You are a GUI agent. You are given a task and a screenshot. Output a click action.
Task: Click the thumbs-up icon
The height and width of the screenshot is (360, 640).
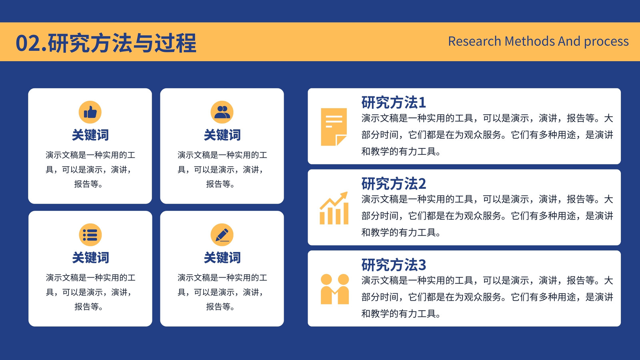tap(90, 112)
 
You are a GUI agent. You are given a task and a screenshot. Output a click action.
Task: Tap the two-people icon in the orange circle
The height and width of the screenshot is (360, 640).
tap(222, 112)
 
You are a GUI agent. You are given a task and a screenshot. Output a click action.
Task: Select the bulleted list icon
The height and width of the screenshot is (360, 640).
tap(90, 235)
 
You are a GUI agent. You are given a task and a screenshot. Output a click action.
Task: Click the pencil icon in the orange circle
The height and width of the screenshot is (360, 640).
tap(222, 235)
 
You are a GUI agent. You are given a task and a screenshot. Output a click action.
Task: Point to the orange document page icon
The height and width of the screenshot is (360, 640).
tap(334, 127)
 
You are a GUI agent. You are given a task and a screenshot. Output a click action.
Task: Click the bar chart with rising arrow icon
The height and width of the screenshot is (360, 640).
tap(334, 208)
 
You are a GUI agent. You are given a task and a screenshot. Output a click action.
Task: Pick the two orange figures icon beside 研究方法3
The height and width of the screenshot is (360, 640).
tap(334, 289)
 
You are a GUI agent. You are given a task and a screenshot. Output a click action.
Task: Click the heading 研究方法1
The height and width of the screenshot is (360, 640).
tap(394, 102)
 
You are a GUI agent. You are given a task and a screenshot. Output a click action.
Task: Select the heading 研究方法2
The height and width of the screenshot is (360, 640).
tap(394, 184)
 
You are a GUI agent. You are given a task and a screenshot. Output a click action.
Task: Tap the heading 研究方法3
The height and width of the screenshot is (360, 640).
tap(394, 264)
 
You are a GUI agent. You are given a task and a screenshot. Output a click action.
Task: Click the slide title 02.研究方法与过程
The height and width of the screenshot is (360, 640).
tap(106, 43)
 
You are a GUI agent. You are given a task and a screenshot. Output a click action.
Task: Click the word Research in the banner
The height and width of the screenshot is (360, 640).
tap(474, 41)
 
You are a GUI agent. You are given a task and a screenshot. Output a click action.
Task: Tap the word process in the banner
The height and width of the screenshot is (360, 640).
tap(606, 42)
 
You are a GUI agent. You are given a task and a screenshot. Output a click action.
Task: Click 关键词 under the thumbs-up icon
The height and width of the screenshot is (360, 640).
tap(90, 135)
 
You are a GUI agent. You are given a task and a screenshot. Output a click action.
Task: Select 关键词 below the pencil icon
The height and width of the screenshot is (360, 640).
tap(222, 258)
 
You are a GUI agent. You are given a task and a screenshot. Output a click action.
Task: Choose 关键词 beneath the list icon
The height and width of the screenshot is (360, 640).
tap(90, 258)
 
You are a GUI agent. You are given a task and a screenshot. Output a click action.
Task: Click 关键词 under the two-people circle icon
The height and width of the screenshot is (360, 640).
tap(222, 135)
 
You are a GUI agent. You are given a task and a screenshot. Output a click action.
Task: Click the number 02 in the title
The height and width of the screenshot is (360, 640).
tap(28, 43)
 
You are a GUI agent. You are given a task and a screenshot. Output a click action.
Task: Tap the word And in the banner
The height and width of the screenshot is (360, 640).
tap(569, 41)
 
